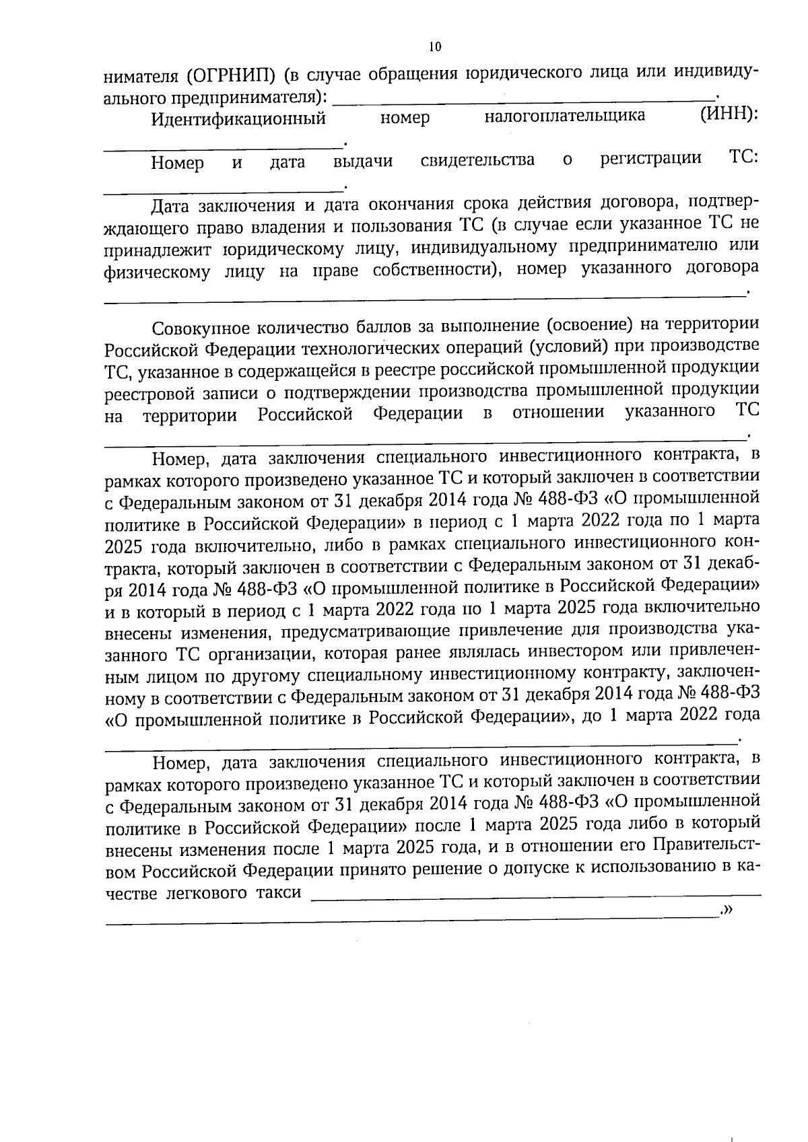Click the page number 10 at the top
[x=434, y=46]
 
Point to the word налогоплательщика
[x=564, y=116]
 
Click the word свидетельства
[x=477, y=160]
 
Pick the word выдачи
[x=363, y=162]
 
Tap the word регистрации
[x=650, y=159]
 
